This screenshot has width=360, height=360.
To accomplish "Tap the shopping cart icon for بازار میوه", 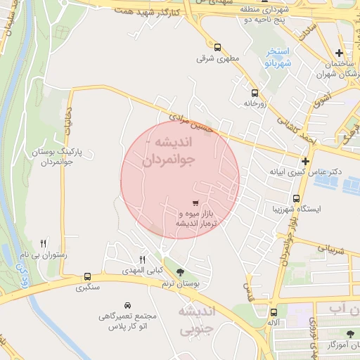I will pos(195,202).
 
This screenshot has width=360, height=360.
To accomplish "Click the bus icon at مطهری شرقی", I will pos(217,47).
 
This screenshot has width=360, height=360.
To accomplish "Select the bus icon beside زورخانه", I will pos(254,92).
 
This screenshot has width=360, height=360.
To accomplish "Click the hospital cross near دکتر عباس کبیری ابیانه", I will pos(305,161).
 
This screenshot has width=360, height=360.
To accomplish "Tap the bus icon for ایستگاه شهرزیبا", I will pos(296,198).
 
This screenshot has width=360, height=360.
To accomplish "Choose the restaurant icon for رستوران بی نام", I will pos(44,243).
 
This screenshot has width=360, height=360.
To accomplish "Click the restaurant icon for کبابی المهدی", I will pos(143,259).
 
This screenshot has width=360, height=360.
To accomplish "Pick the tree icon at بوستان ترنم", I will pos(181,272).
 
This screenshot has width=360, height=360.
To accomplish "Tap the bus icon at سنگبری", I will pos(87,276).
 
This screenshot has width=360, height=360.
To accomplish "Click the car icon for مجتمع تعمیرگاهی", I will pos(127,306).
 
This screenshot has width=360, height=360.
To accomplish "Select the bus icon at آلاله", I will pos(274,312).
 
